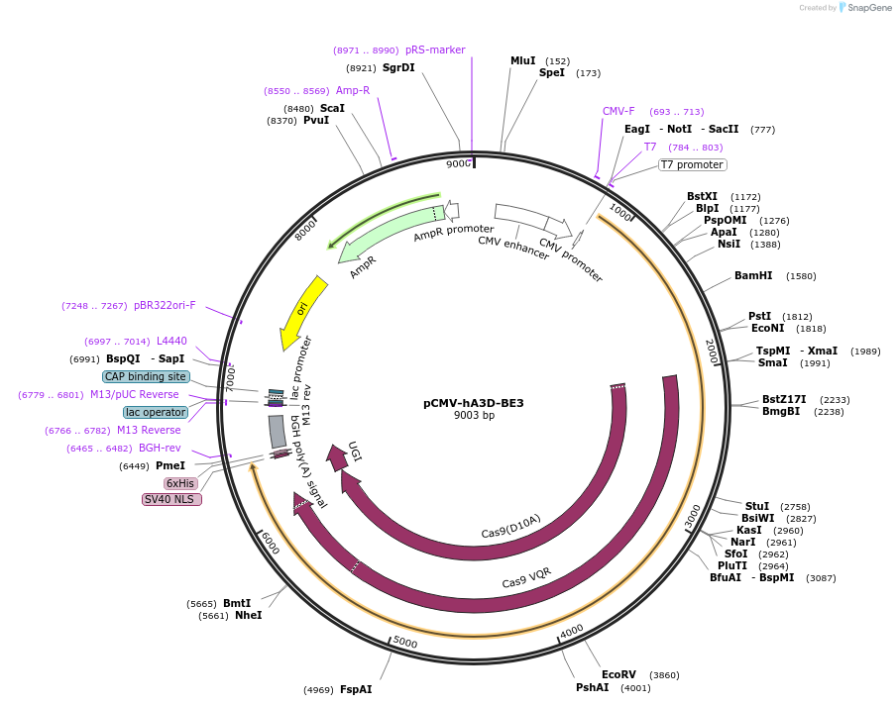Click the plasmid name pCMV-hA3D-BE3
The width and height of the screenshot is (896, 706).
click(x=473, y=403)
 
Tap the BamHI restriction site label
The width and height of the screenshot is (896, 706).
click(x=753, y=275)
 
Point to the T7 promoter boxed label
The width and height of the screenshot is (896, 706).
click(x=692, y=165)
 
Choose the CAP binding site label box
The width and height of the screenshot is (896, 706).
click(x=145, y=376)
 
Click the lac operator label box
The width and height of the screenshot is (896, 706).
click(x=155, y=412)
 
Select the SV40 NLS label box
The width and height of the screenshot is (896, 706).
click(x=171, y=499)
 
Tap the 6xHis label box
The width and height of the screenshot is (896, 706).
click(x=180, y=483)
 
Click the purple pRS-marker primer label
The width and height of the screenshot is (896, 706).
click(x=435, y=50)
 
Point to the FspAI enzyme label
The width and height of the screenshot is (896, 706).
click(x=356, y=689)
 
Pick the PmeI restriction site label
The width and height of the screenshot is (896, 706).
click(x=170, y=465)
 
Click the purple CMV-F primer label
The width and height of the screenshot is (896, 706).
click(x=618, y=111)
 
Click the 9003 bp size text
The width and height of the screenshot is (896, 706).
click(x=473, y=416)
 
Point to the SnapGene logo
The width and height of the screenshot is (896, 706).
click(x=864, y=8)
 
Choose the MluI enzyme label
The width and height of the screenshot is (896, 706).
click(x=522, y=60)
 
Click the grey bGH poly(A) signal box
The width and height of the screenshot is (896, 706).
click(x=278, y=431)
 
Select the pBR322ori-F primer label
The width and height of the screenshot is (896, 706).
click(x=165, y=305)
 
